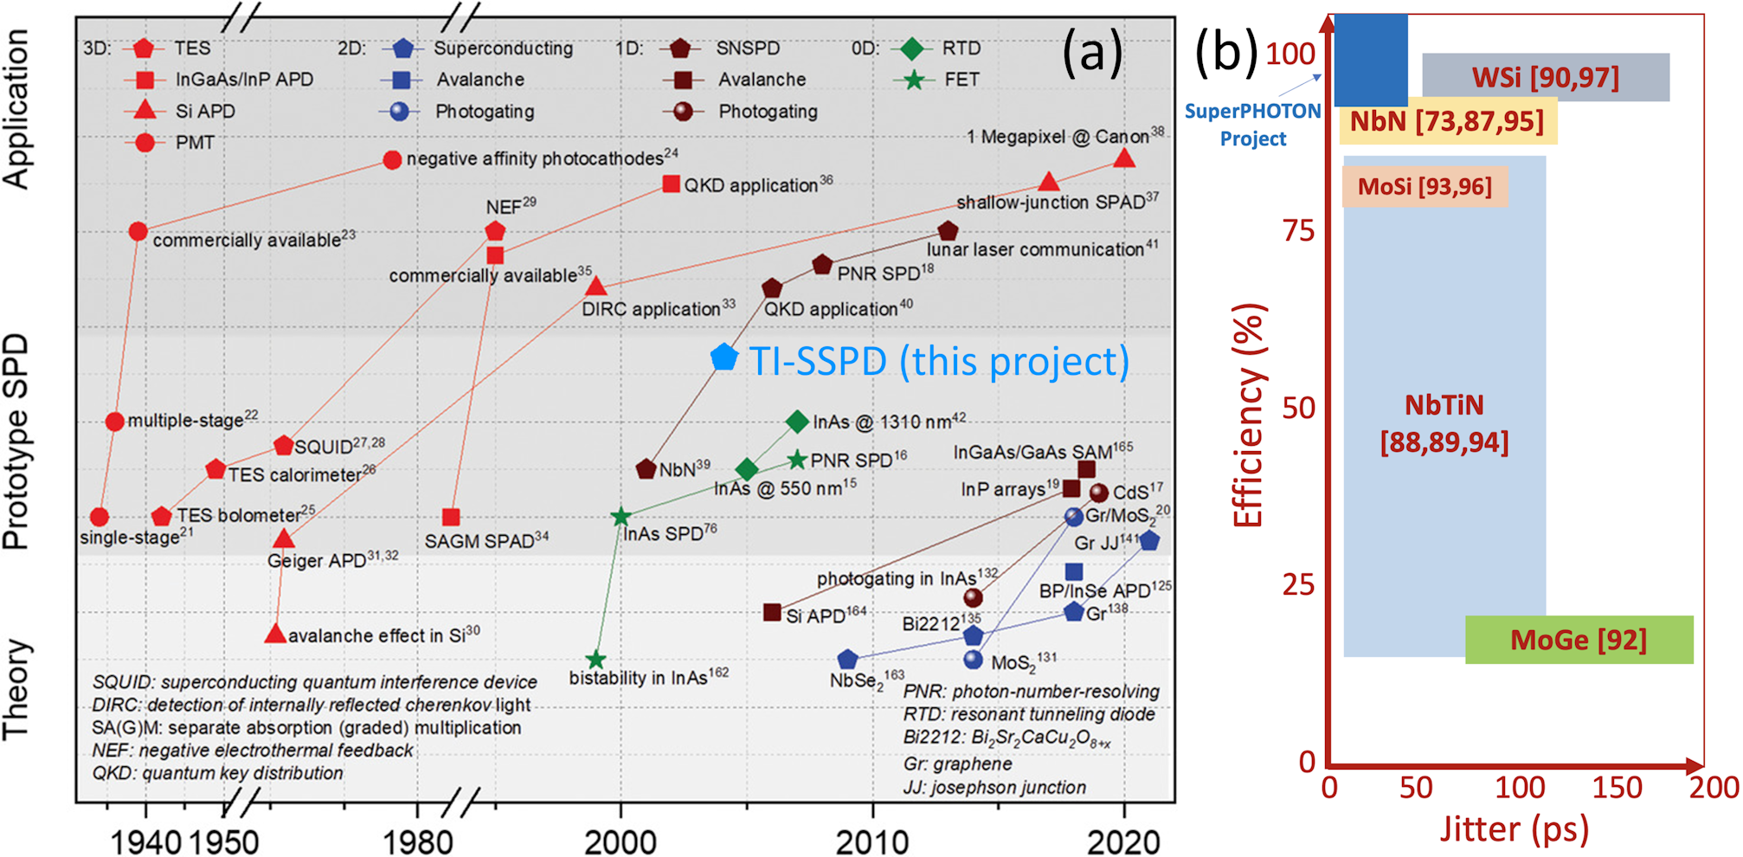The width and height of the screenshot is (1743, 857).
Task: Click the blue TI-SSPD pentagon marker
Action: tap(724, 357)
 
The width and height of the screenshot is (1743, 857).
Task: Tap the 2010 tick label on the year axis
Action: tap(872, 840)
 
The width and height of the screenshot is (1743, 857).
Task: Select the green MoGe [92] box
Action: tap(1579, 640)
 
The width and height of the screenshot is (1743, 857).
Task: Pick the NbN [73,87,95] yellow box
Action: tap(1447, 121)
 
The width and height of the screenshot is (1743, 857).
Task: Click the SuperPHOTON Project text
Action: tap(1252, 125)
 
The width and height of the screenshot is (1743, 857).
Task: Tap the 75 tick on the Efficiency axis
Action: tap(1298, 231)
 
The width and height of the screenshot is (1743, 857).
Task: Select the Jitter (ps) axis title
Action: tap(1515, 828)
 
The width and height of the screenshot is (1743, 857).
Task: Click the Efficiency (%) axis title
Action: tap(1248, 416)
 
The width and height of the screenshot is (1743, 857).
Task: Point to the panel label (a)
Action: tap(1092, 52)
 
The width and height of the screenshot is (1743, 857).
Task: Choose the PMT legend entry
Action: tap(145, 142)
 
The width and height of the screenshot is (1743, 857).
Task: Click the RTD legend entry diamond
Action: tap(912, 48)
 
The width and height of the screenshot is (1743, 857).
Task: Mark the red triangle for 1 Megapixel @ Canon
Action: tap(1123, 158)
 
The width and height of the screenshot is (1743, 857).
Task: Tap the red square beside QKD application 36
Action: tap(671, 184)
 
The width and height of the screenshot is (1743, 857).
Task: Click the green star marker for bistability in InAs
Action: tap(595, 660)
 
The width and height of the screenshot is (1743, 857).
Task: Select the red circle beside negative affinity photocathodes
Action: tap(392, 160)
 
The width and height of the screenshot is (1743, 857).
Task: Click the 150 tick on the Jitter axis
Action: tap(1617, 788)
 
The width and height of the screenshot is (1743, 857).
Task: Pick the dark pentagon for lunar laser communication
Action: tap(948, 231)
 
